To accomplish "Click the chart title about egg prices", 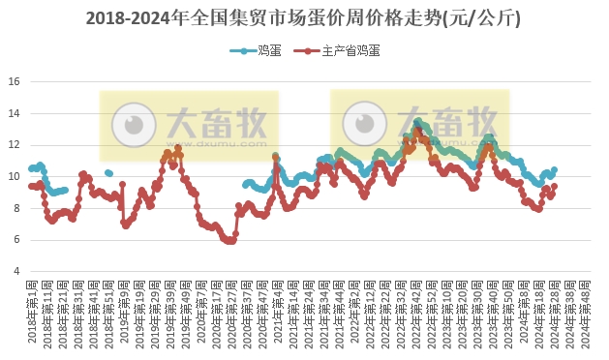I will tap(304, 18).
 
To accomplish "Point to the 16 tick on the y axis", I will tap(15, 81).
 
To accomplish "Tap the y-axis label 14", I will tap(15, 113).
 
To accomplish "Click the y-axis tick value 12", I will tap(15, 144).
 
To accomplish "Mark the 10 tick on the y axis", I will tap(15, 176).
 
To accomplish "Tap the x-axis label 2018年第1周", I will tap(33, 315).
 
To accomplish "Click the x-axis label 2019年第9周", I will tap(124, 315).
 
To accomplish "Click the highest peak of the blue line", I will tap(417, 121).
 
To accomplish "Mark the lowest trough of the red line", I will tap(230, 241).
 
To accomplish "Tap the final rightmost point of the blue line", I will tap(554, 169).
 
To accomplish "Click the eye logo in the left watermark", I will tap(133, 124).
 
